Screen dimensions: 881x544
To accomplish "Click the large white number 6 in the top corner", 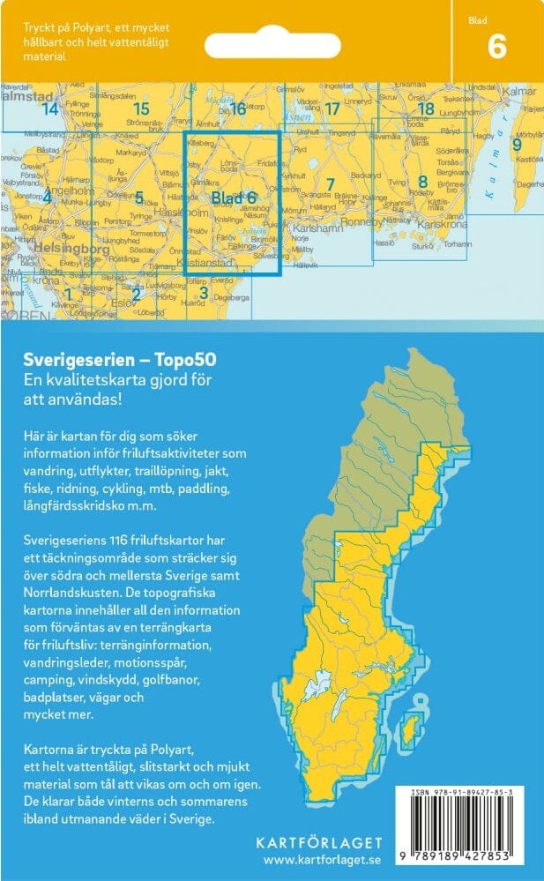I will click(496, 46).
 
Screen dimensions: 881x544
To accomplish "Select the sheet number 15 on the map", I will click(141, 109).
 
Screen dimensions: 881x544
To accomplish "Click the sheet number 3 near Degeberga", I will click(203, 293).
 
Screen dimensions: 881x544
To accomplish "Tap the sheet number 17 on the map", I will click(332, 109).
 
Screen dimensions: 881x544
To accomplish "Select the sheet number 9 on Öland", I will click(518, 143).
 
